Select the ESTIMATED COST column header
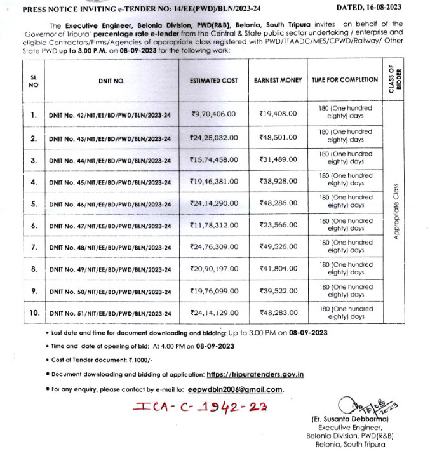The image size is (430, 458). tap(213, 81)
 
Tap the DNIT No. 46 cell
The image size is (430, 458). tap(110, 205)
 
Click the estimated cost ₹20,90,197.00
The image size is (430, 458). tap(213, 269)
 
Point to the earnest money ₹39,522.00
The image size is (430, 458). tap(278, 290)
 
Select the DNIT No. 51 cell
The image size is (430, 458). tap(110, 314)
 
